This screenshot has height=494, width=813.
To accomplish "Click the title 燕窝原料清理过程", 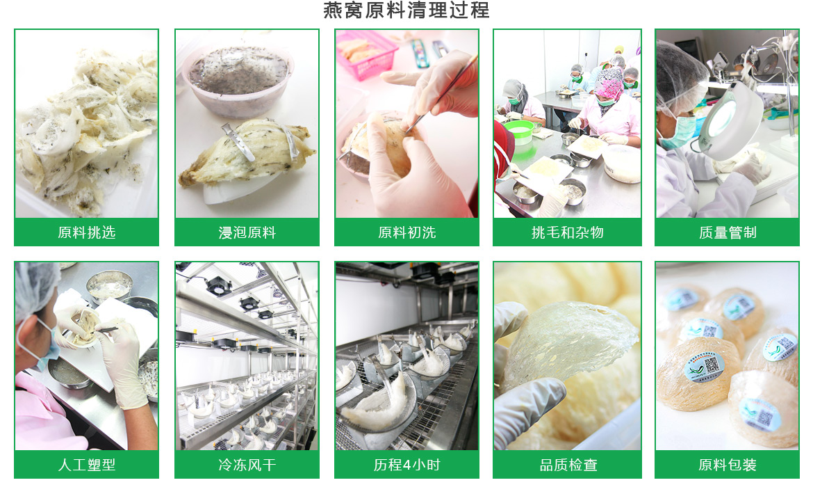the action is pyautogui.click(x=406, y=10).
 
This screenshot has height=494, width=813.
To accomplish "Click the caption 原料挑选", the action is pyautogui.click(x=87, y=232).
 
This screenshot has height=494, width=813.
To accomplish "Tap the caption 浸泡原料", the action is pyautogui.click(x=247, y=232).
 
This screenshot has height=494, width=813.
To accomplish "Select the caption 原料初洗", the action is pyautogui.click(x=406, y=232).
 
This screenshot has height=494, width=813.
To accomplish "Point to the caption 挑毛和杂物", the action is pyautogui.click(x=567, y=232).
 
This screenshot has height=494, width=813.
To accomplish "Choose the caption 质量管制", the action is pyautogui.click(x=727, y=232).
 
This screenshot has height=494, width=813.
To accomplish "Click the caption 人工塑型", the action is pyautogui.click(x=87, y=464).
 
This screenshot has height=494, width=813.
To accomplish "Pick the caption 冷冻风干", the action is pyautogui.click(x=247, y=464).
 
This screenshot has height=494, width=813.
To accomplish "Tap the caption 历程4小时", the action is pyautogui.click(x=406, y=464).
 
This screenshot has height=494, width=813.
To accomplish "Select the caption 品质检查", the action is pyautogui.click(x=568, y=464).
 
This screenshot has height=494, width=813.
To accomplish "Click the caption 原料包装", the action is pyautogui.click(x=727, y=464).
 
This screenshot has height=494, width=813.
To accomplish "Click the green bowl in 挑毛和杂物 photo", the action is pyautogui.click(x=519, y=133).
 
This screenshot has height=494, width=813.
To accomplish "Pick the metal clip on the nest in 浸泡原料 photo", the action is pyautogui.click(x=238, y=142).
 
